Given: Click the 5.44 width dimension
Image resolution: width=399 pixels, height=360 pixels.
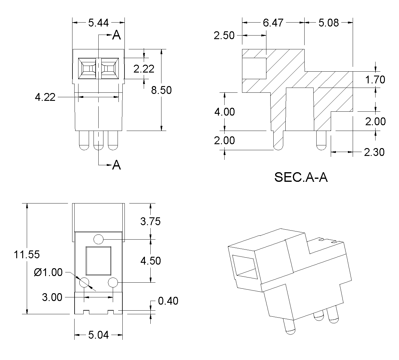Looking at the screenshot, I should [x=98, y=23].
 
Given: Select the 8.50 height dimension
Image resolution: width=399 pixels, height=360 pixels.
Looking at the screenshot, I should [x=161, y=90].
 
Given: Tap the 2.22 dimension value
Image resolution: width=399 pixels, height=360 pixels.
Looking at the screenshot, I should [x=144, y=69].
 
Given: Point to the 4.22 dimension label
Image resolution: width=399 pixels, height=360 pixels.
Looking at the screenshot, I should [x=45, y=97].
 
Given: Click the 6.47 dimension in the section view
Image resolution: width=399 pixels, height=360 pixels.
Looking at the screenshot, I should [x=273, y=23].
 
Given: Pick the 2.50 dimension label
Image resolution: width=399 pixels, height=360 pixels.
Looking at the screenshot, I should [x=224, y=36].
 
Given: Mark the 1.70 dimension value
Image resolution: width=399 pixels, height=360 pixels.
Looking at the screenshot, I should [x=375, y=80].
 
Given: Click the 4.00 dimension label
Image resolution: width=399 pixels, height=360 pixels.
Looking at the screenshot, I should [x=224, y=112].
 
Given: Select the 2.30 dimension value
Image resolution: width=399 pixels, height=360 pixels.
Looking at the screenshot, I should [x=374, y=152].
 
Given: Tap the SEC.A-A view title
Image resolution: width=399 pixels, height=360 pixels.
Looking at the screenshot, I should [x=301, y=178].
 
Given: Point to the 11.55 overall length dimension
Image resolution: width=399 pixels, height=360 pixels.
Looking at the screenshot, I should [x=27, y=255].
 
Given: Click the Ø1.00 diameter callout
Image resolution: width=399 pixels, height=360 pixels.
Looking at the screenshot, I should [x=48, y=273].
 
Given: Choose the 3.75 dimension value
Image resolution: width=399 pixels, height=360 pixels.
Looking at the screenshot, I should [x=151, y=222].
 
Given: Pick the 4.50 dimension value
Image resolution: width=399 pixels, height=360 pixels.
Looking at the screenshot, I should [x=151, y=261].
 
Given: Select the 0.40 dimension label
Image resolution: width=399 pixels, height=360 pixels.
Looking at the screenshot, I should [x=168, y=301].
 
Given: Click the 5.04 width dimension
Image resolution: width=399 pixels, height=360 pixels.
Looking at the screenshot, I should [x=98, y=335].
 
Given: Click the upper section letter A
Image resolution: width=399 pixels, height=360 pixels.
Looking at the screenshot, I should [x=116, y=36].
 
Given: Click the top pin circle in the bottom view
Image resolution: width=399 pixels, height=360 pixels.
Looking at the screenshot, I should [x=99, y=239].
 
